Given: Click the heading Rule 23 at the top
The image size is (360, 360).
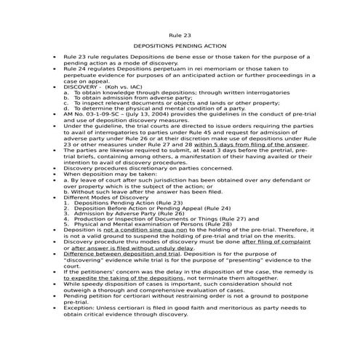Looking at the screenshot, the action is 180,35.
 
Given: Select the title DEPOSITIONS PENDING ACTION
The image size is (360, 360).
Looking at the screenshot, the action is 180,46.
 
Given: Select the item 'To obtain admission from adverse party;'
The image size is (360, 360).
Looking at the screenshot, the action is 127,97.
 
